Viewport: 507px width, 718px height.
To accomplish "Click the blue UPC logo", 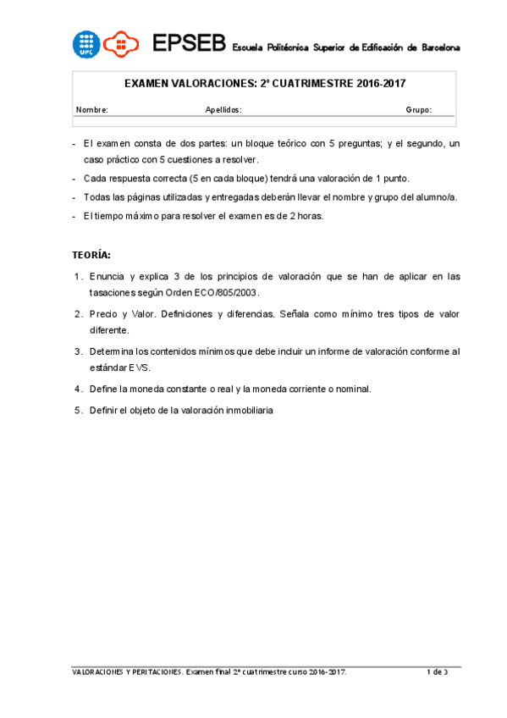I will pyautogui.click(x=86, y=44).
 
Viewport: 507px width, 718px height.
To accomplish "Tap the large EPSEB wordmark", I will pyautogui.click(x=188, y=44).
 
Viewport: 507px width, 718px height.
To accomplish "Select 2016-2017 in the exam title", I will pyautogui.click(x=380, y=85).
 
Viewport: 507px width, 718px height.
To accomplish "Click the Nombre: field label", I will pyautogui.click(x=91, y=110).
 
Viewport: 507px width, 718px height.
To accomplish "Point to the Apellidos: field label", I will pyautogui.click(x=223, y=110).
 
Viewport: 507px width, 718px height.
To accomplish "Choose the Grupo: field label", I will pyautogui.click(x=418, y=110).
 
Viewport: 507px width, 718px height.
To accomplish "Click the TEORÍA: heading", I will pyautogui.click(x=91, y=255).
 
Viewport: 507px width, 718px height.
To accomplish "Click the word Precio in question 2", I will pyautogui.click(x=103, y=313).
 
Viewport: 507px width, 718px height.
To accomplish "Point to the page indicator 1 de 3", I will pyautogui.click(x=437, y=671).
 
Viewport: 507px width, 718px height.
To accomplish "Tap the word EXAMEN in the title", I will pyautogui.click(x=149, y=85).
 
